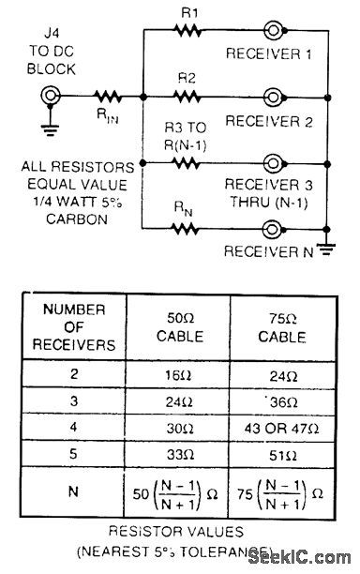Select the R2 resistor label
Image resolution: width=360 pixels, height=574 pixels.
[186, 77]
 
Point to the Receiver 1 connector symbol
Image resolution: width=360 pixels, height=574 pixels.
[273, 29]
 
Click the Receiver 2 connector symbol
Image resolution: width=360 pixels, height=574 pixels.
[273, 96]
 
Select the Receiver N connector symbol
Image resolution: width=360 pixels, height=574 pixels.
[273, 228]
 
